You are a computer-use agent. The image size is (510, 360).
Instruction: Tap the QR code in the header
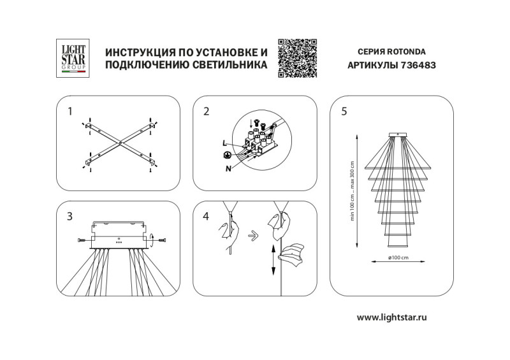click(x=298, y=58)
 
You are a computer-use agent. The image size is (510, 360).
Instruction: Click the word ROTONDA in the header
click(x=406, y=51)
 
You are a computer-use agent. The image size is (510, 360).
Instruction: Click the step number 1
click(x=70, y=112)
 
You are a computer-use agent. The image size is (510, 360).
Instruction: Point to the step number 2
click(x=206, y=112)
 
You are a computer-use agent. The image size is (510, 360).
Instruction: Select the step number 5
click(x=344, y=112)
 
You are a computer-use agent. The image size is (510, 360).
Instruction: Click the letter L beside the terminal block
click(x=225, y=143)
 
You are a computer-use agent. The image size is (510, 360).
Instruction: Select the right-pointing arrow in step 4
click(x=252, y=234)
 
